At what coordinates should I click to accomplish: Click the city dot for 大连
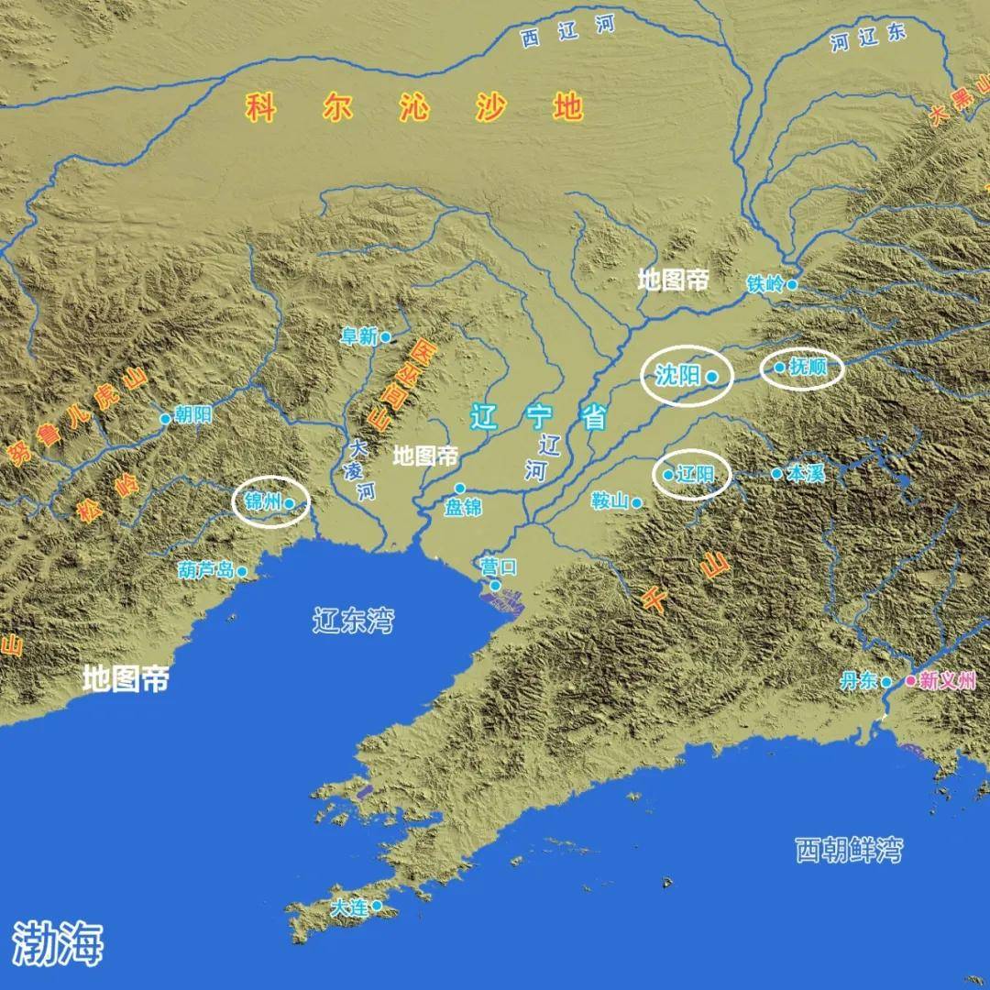coord(376,906)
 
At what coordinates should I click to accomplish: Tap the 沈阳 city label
coord(678,374)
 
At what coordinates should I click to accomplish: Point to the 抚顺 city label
coord(808,368)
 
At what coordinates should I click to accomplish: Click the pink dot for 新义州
coord(910,680)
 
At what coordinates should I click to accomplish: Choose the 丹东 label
coord(859,681)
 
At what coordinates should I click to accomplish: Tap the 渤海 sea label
coord(58,941)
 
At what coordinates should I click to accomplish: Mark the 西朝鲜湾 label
coord(848,850)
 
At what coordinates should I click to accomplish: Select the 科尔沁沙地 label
coord(414,108)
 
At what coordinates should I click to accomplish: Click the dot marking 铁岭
coord(793,284)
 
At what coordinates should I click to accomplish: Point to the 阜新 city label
coord(358,337)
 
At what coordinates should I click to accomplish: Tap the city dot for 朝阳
coord(166,419)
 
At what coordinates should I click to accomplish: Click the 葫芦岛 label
coord(206,570)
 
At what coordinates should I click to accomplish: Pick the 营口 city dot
coord(495,585)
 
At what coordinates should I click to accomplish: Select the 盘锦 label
coord(463,507)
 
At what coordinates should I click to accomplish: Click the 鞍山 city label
coord(610,500)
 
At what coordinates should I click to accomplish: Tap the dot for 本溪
coord(776,474)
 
